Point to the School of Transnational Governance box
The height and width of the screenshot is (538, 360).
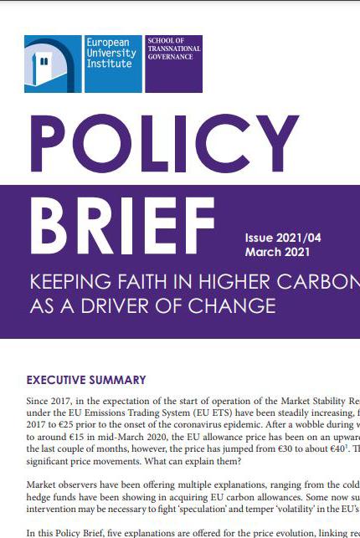[x=173, y=63]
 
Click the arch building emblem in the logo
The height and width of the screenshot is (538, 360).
[x=53, y=64]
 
